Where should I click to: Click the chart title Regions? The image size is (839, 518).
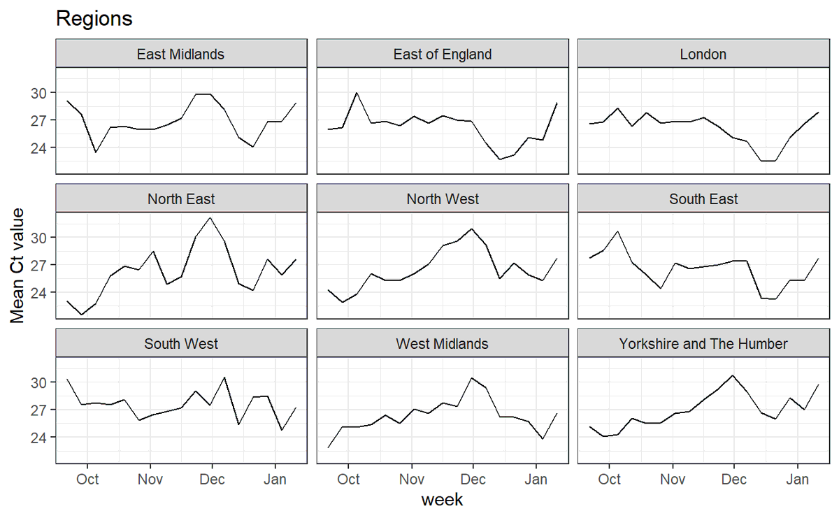coord(94,19)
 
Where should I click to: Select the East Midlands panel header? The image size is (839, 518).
coord(181,54)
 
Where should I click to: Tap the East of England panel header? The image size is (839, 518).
coord(443,54)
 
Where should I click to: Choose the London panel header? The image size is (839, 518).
coord(703,54)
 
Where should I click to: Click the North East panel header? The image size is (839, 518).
coord(181,199)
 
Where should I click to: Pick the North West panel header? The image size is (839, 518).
coord(443,199)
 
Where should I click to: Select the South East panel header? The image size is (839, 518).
coord(703,199)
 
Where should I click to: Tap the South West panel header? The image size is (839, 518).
coord(181,344)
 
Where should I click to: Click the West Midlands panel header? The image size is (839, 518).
coord(443,344)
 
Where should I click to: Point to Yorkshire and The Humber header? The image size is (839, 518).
coord(703,344)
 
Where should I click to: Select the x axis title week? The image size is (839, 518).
coord(442,501)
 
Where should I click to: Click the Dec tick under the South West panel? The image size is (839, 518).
coord(213,480)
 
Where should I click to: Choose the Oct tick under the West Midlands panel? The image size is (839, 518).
coord(348,480)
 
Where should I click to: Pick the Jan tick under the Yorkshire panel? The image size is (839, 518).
coord(797,480)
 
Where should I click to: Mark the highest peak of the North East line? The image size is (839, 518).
coord(210,218)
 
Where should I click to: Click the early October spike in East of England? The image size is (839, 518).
coord(357,92)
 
